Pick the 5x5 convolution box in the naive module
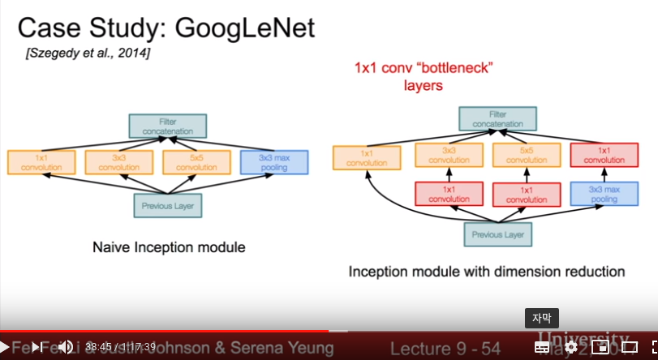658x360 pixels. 192,162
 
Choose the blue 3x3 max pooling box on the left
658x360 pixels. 273,162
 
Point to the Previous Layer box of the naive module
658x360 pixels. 167,206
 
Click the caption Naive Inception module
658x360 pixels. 169,246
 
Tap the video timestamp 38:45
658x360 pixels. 97,347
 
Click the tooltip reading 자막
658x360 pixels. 541,319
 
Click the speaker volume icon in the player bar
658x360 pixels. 65,347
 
